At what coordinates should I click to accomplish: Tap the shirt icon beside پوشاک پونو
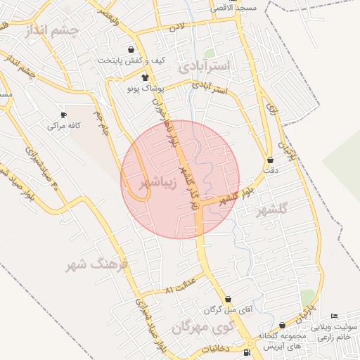pyautogui.click(x=144, y=78)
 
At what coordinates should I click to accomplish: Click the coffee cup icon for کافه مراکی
pyautogui.click(x=64, y=115)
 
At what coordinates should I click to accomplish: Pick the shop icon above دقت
pyautogui.click(x=271, y=160)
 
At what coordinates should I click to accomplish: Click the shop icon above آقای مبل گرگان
pyautogui.click(x=227, y=299)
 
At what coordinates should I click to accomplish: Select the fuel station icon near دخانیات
pyautogui.click(x=247, y=352)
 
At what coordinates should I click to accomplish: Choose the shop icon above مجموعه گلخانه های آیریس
pyautogui.click(x=282, y=326)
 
